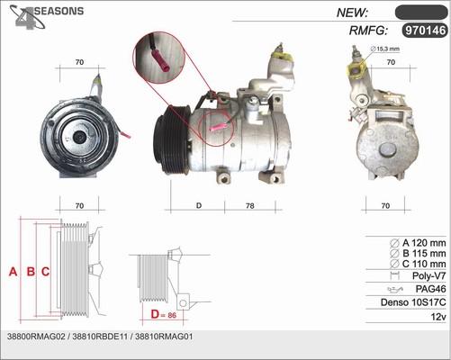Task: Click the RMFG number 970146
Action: (425, 31)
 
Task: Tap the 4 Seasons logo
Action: (46, 16)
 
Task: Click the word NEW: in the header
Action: (352, 13)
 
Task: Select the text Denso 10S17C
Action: (413, 302)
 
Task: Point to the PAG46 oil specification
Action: (430, 289)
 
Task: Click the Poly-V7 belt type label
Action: (429, 275)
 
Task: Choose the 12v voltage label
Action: (438, 317)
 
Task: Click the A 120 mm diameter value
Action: (424, 242)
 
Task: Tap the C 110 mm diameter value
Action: (424, 264)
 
